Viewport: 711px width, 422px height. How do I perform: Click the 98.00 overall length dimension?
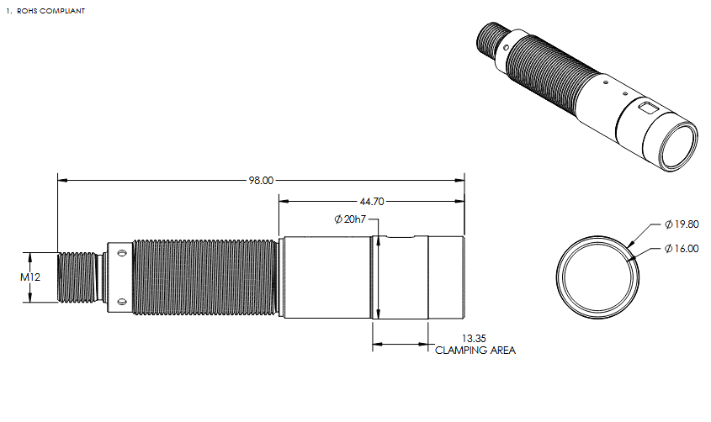coord(261,180)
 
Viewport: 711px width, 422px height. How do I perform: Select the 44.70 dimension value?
coord(372,202)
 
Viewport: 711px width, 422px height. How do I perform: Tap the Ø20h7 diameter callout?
coord(349,219)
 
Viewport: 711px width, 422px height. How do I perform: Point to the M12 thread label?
coord(30,277)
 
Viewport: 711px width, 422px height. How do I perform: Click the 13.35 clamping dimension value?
coord(474,338)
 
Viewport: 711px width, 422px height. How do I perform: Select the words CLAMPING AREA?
coord(475,350)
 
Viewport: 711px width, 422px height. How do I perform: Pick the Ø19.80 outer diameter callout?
coord(682,224)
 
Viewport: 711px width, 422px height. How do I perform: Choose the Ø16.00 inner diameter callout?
coord(682,249)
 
